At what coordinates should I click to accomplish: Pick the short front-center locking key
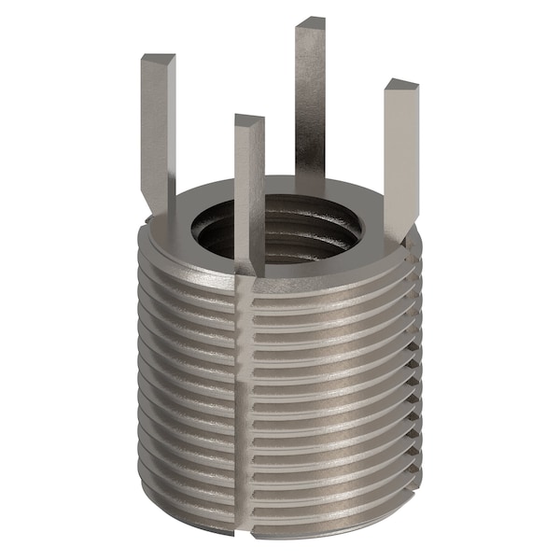(249, 187)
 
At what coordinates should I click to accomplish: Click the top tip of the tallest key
(311, 22)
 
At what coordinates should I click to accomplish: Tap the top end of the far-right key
(401, 85)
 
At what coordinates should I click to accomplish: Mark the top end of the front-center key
(249, 120)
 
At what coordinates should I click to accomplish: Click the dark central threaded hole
(280, 233)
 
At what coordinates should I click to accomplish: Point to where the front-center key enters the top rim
(250, 267)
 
